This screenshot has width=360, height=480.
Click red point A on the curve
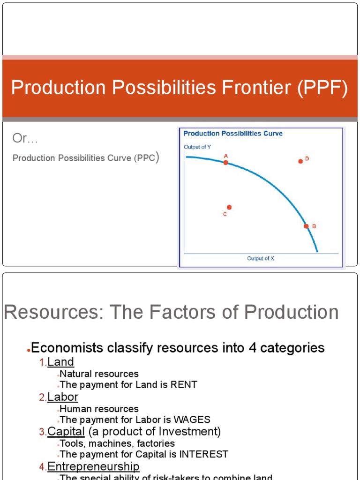[x=225, y=163]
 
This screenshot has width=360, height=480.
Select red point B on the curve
[x=306, y=226]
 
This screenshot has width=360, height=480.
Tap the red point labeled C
[x=229, y=207]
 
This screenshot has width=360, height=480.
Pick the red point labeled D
[x=300, y=161]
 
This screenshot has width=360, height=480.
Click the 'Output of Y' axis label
[x=197, y=147]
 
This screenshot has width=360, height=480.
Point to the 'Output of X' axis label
[x=261, y=258]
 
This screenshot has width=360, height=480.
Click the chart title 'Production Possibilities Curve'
[x=233, y=134]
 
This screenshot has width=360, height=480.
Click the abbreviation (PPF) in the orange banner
[x=322, y=88]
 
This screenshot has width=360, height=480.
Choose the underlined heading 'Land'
[x=61, y=362]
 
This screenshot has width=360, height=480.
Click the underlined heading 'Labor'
[x=63, y=397]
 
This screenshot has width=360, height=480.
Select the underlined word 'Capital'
[x=66, y=431]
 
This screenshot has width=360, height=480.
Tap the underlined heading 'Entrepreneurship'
[x=93, y=466]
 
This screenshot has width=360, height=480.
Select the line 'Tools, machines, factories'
[x=117, y=443]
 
